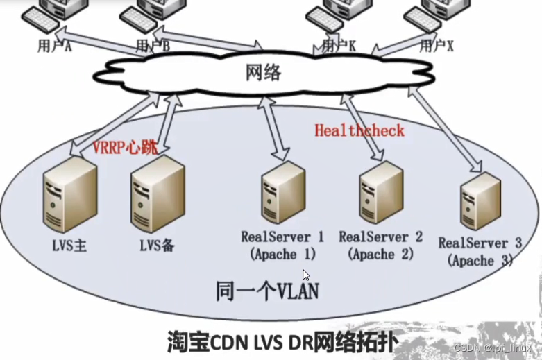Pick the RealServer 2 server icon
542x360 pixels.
[379, 196]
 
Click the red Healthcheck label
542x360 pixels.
[359, 130]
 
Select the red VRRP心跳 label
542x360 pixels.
[125, 146]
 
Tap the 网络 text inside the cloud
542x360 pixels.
[264, 71]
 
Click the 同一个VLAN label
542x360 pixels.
[266, 291]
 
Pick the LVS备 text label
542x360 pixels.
[156, 244]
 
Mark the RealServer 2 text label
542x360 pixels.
[380, 237]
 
